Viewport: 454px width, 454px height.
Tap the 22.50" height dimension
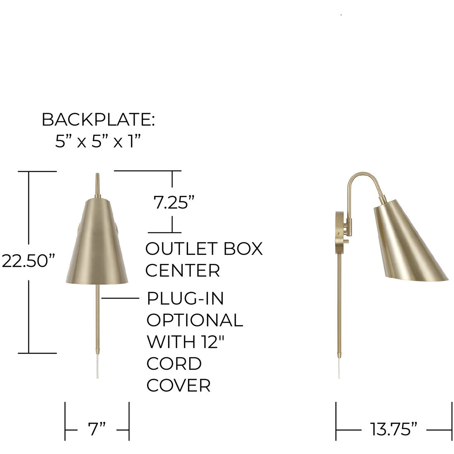[28, 261]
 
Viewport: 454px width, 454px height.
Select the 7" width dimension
[97, 429]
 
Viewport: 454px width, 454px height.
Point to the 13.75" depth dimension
[393, 429]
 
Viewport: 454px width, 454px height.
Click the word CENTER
[182, 270]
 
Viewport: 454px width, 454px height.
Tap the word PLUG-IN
[185, 298]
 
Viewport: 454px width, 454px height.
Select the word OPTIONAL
[195, 320]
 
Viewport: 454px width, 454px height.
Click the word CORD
[174, 363]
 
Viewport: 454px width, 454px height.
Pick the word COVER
[179, 385]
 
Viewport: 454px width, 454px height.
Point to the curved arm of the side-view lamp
[365, 178]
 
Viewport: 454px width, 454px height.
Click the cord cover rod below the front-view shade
[98, 319]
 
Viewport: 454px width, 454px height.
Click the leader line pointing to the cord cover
[120, 298]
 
